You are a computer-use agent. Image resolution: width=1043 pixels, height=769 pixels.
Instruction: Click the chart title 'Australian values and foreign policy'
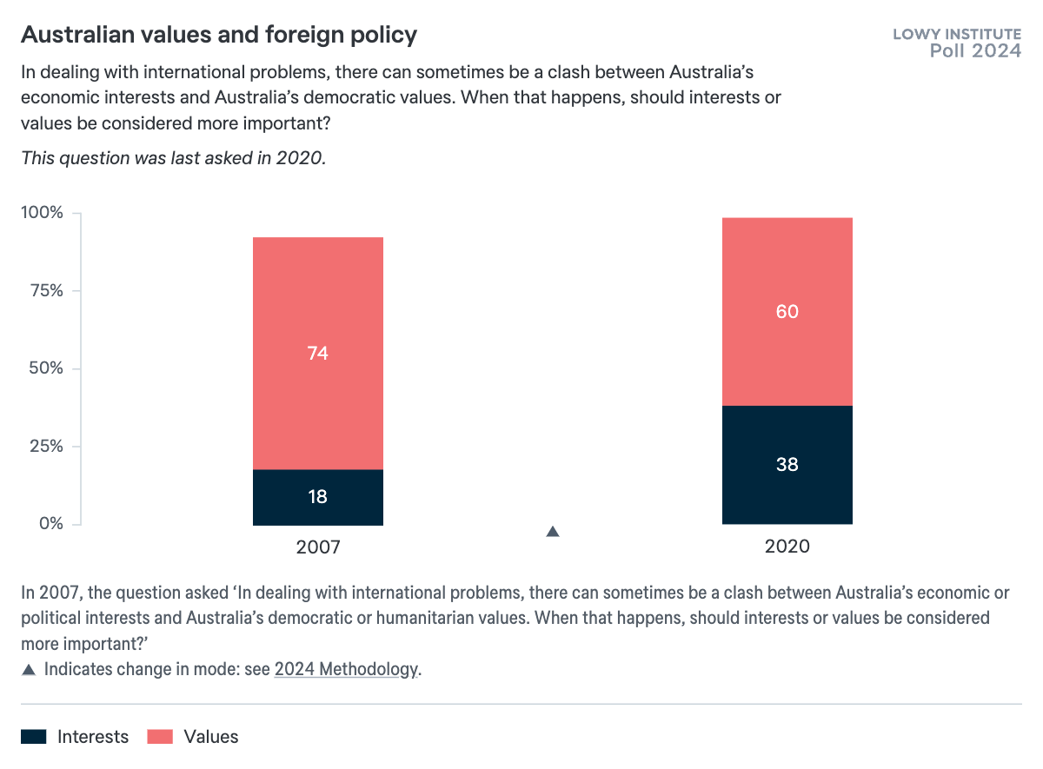point(219,36)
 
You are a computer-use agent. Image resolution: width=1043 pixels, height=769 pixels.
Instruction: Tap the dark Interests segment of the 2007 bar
point(318,508)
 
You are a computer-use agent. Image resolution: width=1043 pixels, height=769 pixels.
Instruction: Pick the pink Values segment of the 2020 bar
point(787,261)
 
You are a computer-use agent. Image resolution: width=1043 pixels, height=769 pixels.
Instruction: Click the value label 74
point(318,354)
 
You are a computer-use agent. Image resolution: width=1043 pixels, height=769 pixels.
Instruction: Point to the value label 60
point(787,311)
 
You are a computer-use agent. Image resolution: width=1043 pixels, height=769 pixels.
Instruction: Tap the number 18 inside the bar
point(318,497)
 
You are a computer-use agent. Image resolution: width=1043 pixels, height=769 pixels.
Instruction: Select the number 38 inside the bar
point(787,465)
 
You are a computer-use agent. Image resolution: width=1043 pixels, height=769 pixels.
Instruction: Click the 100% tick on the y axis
point(42,213)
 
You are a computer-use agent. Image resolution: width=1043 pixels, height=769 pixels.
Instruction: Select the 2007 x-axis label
point(318,547)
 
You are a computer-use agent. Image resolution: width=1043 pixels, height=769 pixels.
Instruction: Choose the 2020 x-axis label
point(787,547)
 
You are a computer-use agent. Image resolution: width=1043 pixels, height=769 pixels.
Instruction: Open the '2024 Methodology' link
point(346,670)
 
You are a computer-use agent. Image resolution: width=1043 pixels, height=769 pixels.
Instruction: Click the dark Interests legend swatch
point(34,737)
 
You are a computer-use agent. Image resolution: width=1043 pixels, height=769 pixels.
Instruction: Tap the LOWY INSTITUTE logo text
point(957,35)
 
